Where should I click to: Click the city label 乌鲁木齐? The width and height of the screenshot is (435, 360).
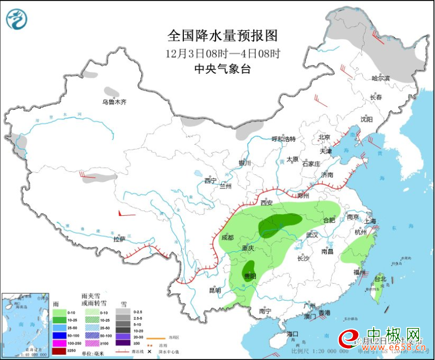click(x=114, y=102)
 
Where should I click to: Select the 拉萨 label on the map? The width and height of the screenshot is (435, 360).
click(x=119, y=239)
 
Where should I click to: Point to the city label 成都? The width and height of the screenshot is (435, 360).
click(x=227, y=237)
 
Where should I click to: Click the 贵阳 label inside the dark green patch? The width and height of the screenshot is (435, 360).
click(x=250, y=276)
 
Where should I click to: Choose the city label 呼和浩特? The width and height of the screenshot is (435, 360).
click(x=283, y=139)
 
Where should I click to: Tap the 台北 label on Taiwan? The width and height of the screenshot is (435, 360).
click(x=380, y=279)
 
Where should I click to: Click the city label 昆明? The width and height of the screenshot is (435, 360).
click(x=215, y=291)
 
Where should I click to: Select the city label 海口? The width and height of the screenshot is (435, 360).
click(x=292, y=334)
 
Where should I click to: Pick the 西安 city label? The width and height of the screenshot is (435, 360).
click(x=267, y=203)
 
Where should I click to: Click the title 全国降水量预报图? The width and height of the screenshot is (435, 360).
click(x=223, y=36)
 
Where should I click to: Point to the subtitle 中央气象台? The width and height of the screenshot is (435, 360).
click(x=223, y=69)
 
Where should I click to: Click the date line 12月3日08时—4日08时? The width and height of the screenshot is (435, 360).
click(x=223, y=53)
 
